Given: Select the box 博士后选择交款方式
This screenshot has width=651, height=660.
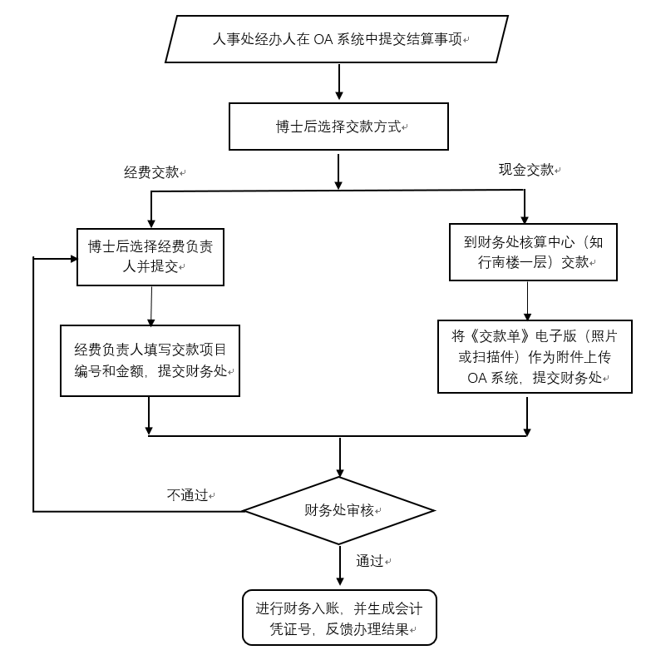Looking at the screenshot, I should [338, 127].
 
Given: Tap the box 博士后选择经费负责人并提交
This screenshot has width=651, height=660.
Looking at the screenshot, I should [150, 257].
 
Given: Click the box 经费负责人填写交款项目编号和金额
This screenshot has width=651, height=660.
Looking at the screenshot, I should [150, 360].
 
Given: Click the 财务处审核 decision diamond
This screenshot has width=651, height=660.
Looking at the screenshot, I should [338, 510].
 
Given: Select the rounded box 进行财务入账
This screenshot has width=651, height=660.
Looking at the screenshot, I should [338, 618].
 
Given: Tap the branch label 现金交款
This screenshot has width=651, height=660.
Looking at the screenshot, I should [525, 169].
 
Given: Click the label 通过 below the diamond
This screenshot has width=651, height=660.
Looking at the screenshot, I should [370, 561].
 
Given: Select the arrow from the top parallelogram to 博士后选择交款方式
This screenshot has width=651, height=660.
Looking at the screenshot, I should [339, 82].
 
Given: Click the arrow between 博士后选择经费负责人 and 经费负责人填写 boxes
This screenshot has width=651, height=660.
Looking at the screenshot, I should [150, 305].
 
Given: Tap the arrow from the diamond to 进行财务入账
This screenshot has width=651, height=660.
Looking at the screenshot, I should [339, 567].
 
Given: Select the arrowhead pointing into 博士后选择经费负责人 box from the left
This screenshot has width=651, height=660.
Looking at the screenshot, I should [70, 258].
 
